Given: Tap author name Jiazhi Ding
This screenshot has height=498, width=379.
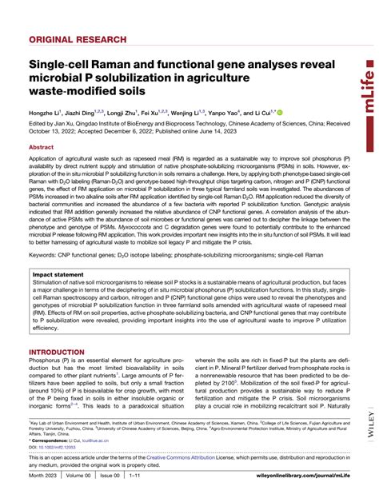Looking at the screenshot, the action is (83, 114).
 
